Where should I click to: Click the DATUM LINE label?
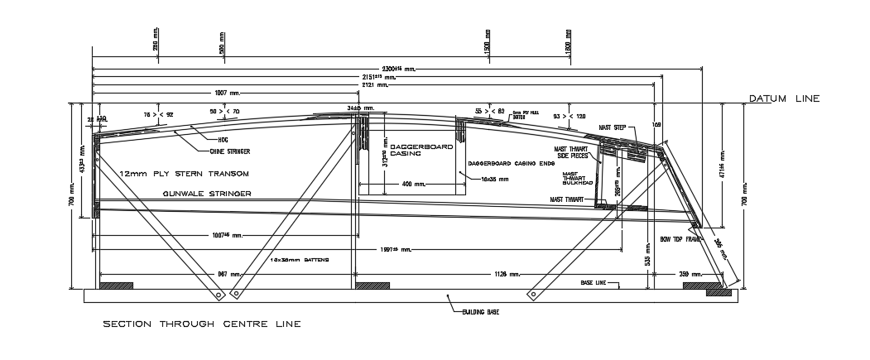pos(783,98)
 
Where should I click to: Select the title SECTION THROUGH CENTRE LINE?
pos(201,324)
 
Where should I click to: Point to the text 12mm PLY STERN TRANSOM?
pos(184,175)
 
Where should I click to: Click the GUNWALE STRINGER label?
pos(207,193)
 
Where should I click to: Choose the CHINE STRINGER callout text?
pos(229,151)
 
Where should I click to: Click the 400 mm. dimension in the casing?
pos(412,184)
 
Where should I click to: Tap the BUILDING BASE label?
pos(480,312)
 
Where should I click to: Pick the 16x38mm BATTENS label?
pos(300,260)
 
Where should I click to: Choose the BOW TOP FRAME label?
pos(680,238)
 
